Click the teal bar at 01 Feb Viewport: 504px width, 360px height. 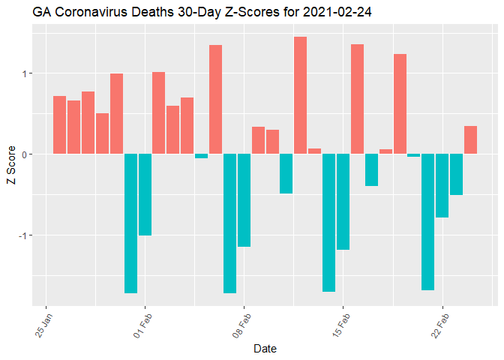click(145, 194)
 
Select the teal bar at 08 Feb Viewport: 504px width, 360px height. click(244, 199)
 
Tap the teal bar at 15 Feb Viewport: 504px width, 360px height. click(343, 201)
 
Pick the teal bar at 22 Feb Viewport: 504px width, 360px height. click(442, 185)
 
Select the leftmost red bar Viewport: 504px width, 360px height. click(60, 124)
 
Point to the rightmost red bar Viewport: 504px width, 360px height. click(470, 139)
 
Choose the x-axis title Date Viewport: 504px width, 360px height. click(265, 349)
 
